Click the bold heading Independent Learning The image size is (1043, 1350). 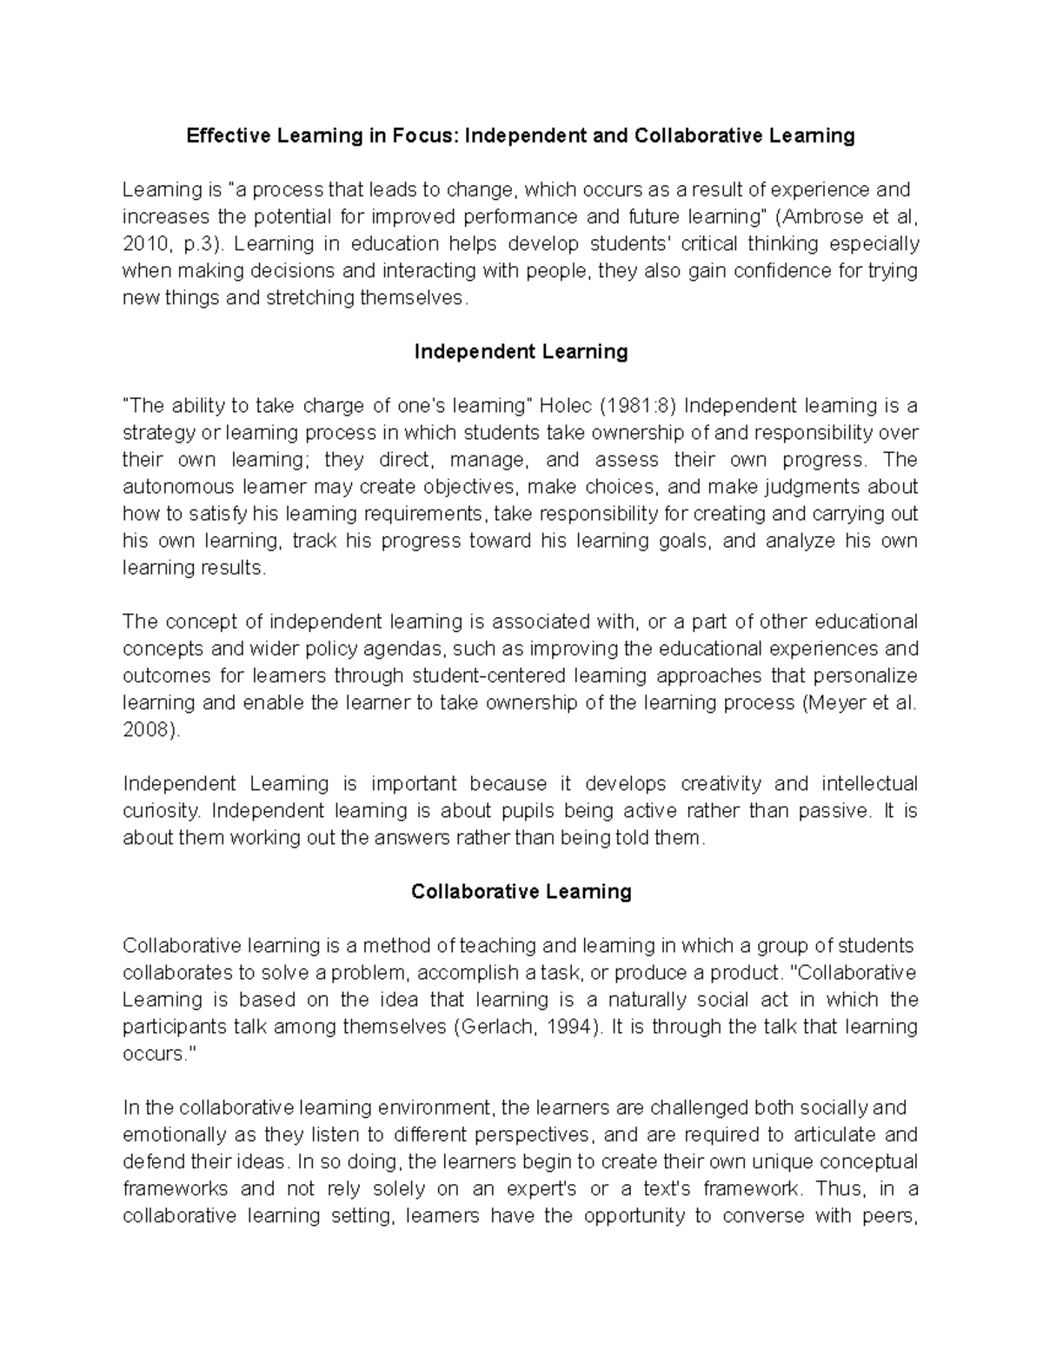521,351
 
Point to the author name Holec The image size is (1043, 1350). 566,406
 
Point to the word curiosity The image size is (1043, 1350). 161,811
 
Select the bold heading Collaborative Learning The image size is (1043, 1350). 521,892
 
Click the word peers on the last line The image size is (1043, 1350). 892,1216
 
